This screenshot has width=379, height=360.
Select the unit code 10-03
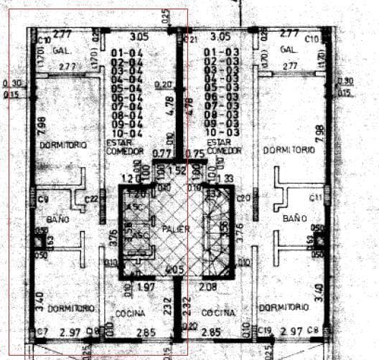coord(220,132)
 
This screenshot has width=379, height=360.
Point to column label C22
coord(92,199)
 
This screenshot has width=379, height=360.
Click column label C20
coord(243,198)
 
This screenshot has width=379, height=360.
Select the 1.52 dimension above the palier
coord(177,169)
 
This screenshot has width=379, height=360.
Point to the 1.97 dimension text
coord(146,288)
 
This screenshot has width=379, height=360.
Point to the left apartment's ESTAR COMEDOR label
coord(125,148)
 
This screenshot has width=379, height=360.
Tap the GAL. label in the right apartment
coord(289,49)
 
